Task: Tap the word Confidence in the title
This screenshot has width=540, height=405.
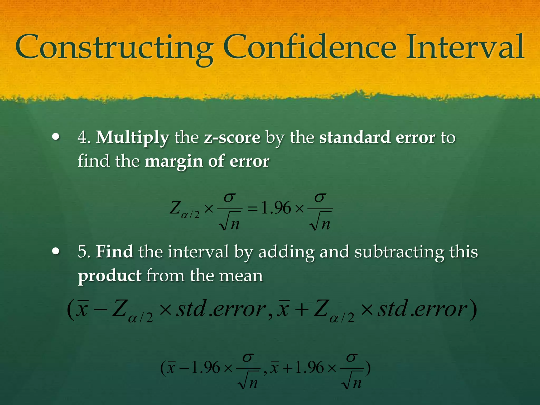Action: click(310, 47)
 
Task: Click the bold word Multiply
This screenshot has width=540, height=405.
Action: click(132, 138)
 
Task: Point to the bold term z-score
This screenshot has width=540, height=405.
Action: click(232, 138)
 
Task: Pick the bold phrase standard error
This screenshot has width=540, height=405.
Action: click(377, 137)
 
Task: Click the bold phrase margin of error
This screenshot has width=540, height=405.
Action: click(207, 161)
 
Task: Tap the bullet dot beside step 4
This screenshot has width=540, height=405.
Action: click(56, 137)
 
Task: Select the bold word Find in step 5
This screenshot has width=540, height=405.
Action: click(114, 252)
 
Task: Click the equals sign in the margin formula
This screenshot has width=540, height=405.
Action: click(252, 209)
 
